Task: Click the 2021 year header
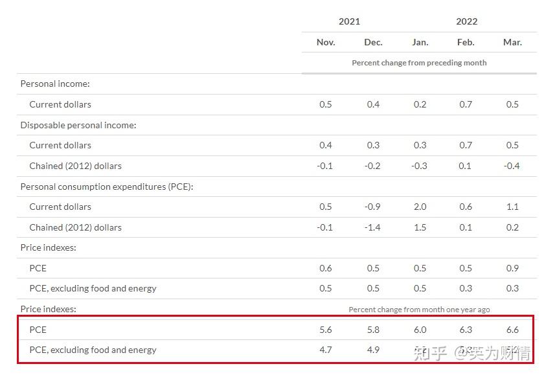click(x=349, y=21)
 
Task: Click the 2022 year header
click(x=466, y=21)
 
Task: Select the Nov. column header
click(x=326, y=42)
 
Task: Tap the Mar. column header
click(x=512, y=42)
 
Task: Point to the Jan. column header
click(x=420, y=42)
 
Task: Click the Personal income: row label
click(x=55, y=84)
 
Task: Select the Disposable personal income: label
click(x=78, y=125)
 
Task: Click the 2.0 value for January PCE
click(x=420, y=207)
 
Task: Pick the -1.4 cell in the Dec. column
click(x=372, y=227)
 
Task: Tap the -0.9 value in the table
click(x=372, y=207)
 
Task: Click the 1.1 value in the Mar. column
click(x=512, y=207)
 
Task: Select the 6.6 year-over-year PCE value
click(x=512, y=330)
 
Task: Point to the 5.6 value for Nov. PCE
click(x=326, y=330)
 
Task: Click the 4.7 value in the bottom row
click(x=326, y=350)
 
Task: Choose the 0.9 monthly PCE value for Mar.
click(x=512, y=268)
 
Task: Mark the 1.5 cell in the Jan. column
click(x=420, y=227)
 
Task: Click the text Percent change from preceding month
click(x=419, y=63)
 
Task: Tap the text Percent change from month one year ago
click(x=419, y=310)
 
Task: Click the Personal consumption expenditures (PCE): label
click(x=107, y=187)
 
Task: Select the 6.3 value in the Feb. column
click(x=466, y=330)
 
